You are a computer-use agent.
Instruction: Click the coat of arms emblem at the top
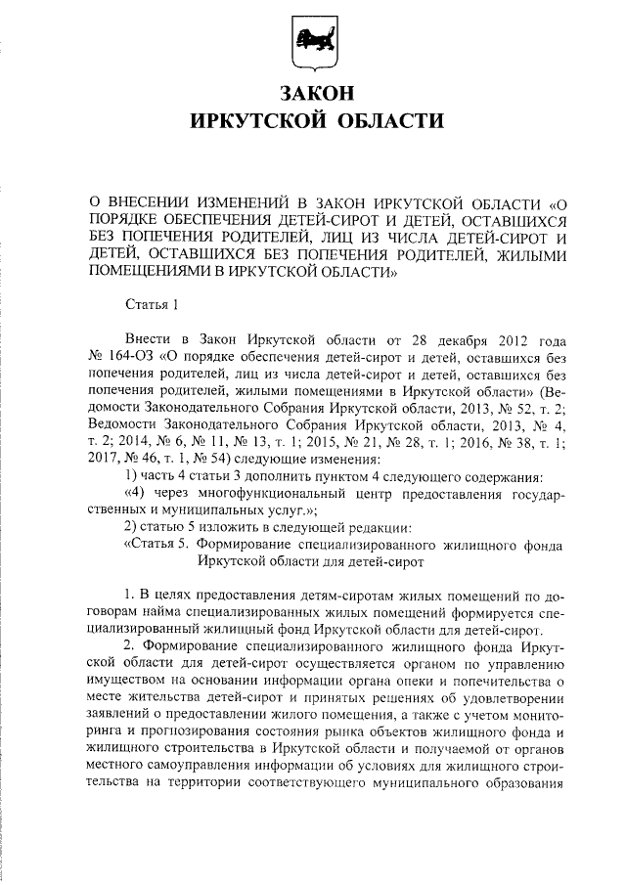(312, 44)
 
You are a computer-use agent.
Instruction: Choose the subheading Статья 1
(152, 307)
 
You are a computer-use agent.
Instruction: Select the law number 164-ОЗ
(126, 358)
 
